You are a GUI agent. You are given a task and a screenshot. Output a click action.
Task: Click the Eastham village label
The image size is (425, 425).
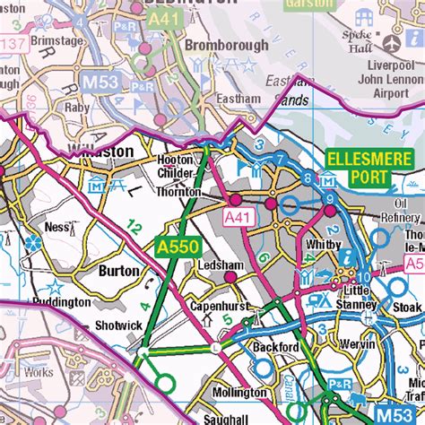click(x=239, y=99)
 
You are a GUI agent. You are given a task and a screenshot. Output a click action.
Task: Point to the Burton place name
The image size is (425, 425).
click(x=118, y=271)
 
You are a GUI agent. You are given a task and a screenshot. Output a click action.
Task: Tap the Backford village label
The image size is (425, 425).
click(x=275, y=346)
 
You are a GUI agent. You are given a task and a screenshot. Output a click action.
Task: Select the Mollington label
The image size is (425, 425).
click(x=239, y=393)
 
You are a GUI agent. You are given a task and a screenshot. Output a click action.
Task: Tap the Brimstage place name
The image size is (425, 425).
click(x=58, y=41)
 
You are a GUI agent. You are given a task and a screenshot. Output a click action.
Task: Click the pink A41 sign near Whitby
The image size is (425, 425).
click(x=239, y=218)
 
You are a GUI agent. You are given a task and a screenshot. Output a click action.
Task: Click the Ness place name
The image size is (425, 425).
click(x=56, y=228)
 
